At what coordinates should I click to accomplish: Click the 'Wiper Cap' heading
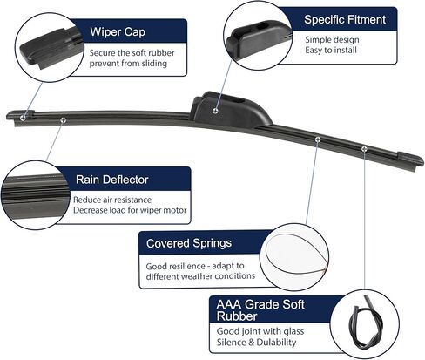pos(118,32)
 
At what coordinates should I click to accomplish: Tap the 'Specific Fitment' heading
pos(345,20)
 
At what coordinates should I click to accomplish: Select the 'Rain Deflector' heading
pos(112,180)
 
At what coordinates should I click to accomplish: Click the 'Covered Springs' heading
pos(189,243)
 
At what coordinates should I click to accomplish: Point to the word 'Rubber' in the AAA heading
pos(237,316)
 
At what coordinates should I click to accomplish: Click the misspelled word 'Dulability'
pos(276,342)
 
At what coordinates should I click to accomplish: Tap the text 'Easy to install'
pos(331,50)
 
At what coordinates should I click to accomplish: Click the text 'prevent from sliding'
pos(128,64)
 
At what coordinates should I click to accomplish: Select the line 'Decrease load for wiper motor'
pos(130,210)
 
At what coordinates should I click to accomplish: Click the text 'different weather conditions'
pos(200,275)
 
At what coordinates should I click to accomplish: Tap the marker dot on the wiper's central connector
pos(215,111)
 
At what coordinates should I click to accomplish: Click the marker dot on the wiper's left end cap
pos(24,118)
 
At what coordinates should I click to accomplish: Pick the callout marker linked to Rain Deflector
pos(64,120)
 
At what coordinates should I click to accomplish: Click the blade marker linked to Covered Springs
pos(318,139)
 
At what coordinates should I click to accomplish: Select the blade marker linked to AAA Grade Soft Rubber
pos(364,149)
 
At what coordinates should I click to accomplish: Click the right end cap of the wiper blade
pos(409,160)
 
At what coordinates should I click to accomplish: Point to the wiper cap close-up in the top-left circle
pos(48,50)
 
